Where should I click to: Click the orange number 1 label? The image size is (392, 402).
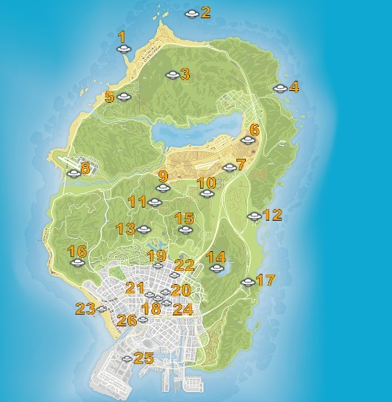click(x=121, y=36)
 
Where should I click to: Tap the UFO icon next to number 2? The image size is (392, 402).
click(x=191, y=13)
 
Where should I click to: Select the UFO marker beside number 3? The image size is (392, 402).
click(x=172, y=74)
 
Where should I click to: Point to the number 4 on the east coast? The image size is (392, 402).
click(x=294, y=87)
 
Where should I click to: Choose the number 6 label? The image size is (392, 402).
click(x=253, y=130)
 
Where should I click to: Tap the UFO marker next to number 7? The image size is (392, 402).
click(x=229, y=167)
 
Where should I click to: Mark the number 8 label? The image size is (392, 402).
click(x=86, y=168)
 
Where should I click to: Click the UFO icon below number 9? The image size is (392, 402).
click(x=162, y=188)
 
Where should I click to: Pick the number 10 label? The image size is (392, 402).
click(x=207, y=183)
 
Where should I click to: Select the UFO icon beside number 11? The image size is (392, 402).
click(x=154, y=202)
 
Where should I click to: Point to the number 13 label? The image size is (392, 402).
click(x=125, y=229)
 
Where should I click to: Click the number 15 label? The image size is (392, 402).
click(x=185, y=218)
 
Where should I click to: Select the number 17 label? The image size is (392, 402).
click(x=265, y=280)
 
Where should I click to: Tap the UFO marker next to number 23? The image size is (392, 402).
click(x=102, y=310)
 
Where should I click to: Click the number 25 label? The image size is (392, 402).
click(x=143, y=358)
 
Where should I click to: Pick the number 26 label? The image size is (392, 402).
click(x=127, y=320)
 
